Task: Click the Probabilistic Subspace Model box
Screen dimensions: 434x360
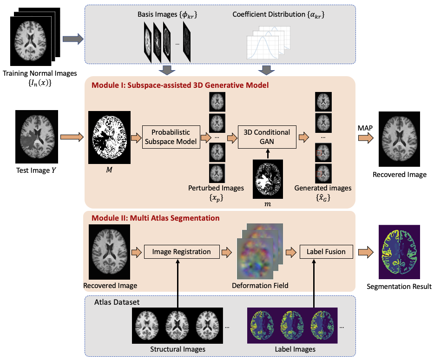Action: click(171, 137)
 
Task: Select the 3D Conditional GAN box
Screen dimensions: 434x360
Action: click(267, 137)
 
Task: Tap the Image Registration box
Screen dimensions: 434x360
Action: click(182, 251)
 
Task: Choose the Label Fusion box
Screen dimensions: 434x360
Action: click(326, 251)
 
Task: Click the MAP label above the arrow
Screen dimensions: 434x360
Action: click(365, 128)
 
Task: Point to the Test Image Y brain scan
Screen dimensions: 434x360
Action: click(37, 137)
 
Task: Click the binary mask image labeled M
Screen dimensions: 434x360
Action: click(109, 137)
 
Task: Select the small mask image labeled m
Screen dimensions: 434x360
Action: click(268, 179)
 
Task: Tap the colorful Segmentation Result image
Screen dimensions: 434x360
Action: click(399, 252)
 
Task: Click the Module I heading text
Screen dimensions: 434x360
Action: click(180, 85)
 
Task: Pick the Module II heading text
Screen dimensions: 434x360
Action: click(155, 218)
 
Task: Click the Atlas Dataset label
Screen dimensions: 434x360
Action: click(117, 302)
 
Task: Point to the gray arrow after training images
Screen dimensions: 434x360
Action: click(73, 39)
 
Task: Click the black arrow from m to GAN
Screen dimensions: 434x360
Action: click(268, 154)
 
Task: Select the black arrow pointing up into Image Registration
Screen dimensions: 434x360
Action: click(178, 283)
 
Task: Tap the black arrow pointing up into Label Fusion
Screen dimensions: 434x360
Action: click(314, 283)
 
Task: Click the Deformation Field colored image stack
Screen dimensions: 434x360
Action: click(260, 251)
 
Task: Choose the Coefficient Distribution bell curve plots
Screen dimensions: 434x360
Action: click(268, 43)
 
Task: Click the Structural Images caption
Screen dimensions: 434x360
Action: click(178, 349)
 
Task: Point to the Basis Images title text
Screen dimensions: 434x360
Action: click(167, 15)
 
